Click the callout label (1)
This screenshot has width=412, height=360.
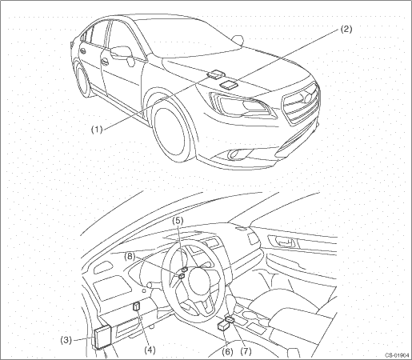pyautogui.click(x=97, y=130)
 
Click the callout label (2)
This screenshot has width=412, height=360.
pyautogui.click(x=346, y=29)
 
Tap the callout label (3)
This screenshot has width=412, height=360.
pyautogui.click(x=66, y=340)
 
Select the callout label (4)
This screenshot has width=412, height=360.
pyautogui.click(x=150, y=350)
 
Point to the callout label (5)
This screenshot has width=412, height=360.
pyautogui.click(x=178, y=220)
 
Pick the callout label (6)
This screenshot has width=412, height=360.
pyautogui.click(x=227, y=352)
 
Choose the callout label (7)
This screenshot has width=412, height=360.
pyautogui.click(x=246, y=352)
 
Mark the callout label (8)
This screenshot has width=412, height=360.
pyautogui.click(x=130, y=257)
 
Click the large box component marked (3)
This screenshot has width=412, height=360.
pyautogui.click(x=102, y=337)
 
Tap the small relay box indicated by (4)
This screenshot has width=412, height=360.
pyautogui.click(x=137, y=306)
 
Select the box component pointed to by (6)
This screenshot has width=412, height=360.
pyautogui.click(x=223, y=326)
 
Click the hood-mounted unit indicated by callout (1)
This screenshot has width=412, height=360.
pyautogui.click(x=215, y=74)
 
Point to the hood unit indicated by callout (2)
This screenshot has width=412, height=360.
pyautogui.click(x=229, y=84)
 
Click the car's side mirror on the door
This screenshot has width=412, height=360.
pyautogui.click(x=123, y=54)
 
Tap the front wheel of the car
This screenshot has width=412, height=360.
pyautogui.click(x=173, y=133)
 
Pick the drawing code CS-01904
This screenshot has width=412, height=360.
pyautogui.click(x=397, y=355)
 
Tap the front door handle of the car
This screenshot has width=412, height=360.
pyautogui.click(x=105, y=62)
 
